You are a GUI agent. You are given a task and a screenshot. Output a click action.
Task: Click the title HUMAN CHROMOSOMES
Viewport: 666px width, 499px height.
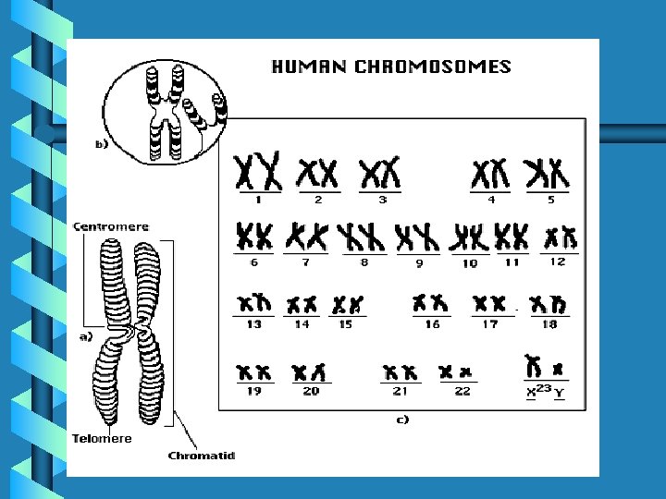point(389,67)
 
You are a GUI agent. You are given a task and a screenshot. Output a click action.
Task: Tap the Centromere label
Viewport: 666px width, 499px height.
point(110,226)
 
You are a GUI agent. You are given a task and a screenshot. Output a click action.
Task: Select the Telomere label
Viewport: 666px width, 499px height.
point(102,438)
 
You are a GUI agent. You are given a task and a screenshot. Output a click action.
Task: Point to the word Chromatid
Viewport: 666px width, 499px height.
point(202,455)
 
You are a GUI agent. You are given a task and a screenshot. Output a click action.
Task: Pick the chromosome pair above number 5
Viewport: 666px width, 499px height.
point(546,173)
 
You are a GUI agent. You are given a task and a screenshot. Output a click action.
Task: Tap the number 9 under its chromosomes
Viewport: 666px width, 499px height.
point(419,263)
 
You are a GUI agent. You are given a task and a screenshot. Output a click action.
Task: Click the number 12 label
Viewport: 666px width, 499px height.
point(557,262)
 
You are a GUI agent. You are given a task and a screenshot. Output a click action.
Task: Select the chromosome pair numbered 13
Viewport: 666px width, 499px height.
point(253,303)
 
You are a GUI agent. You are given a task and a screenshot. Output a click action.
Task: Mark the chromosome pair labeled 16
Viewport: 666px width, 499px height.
point(432,303)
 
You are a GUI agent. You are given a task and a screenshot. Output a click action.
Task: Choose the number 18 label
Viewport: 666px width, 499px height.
point(549,324)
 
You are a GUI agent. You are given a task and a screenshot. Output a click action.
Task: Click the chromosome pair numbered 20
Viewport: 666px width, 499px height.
point(309,372)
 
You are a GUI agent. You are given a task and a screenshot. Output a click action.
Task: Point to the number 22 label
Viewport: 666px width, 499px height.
point(462,391)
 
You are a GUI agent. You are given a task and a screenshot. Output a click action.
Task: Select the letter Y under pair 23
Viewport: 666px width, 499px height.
point(560,392)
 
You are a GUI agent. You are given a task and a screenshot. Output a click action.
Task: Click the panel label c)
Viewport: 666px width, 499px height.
point(402,419)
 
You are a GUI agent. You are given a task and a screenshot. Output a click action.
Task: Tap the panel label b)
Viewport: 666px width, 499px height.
point(101,144)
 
